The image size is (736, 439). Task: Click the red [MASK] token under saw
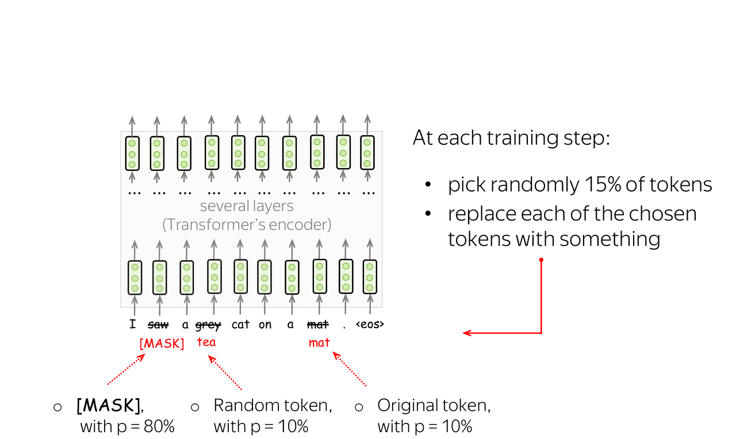162,343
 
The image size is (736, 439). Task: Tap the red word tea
206,342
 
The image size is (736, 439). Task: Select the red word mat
319,343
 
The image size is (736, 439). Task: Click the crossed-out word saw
158,325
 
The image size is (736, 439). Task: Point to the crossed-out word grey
208,325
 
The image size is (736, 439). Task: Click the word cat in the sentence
240,325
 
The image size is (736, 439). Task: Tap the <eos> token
370,325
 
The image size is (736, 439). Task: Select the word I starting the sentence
133,325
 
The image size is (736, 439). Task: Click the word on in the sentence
265,325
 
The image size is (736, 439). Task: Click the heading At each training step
511,138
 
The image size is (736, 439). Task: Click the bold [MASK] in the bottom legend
109,406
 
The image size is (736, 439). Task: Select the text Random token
273,406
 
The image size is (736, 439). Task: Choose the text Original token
434,406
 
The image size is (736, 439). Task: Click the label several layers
247,206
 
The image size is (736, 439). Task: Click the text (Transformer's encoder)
247,224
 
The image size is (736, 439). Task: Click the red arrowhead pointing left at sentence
467,333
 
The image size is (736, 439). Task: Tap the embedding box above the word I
135,277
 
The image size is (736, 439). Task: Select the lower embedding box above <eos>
370,277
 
